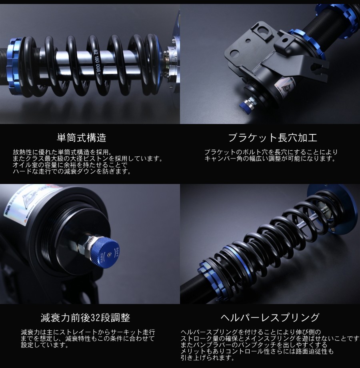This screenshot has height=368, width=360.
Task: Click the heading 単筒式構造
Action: [x=81, y=138]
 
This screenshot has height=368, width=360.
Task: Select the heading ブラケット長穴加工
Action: [x=272, y=138]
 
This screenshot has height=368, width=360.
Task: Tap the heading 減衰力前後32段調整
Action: [x=86, y=318]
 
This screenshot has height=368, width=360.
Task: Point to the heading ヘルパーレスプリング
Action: [x=270, y=318]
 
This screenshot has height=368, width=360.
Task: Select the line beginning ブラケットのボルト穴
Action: [x=271, y=152]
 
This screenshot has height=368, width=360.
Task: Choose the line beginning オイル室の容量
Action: [x=70, y=165]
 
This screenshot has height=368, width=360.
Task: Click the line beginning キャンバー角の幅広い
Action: [x=270, y=159]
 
